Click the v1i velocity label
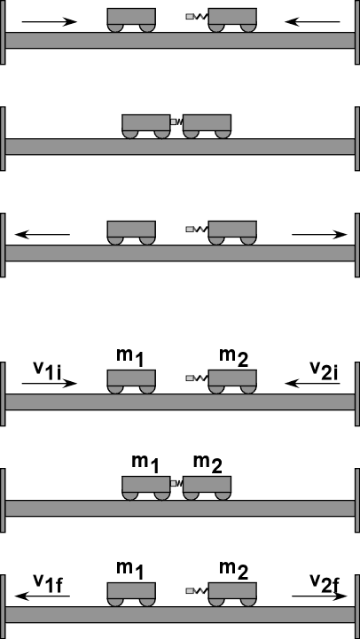click(x=47, y=370)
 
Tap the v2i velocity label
click(x=325, y=370)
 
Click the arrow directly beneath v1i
click(x=50, y=384)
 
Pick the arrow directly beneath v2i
click(x=312, y=384)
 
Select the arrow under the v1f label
click(x=43, y=596)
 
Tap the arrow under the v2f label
click(x=319, y=596)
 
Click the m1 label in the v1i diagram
click(x=130, y=357)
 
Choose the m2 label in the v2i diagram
click(x=233, y=357)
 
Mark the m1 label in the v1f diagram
click(x=130, y=570)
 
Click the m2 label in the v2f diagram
click(x=233, y=570)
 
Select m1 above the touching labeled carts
click(x=145, y=464)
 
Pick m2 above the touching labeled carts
click(x=207, y=464)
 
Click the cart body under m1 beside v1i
click(x=131, y=378)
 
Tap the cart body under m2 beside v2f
click(x=232, y=590)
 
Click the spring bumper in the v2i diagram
click(x=198, y=378)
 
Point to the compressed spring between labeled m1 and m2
click(x=176, y=483)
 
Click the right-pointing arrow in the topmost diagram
click(x=50, y=21)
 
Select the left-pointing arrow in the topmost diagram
click(x=312, y=21)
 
